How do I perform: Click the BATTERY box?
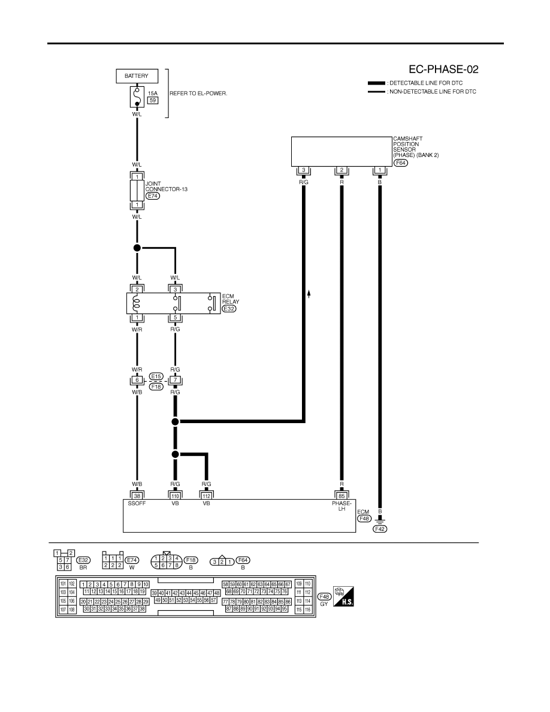137,76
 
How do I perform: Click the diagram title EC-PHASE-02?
443,70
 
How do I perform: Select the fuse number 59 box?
153,100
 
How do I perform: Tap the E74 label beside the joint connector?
152,196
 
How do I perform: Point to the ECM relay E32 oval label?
229,309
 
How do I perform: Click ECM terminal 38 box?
137,496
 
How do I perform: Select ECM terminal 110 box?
175,496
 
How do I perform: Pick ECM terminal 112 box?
207,496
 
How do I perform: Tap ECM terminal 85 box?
342,496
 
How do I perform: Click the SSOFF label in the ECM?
137,503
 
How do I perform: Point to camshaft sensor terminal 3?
304,170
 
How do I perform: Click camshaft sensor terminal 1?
380,170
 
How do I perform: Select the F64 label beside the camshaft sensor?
401,162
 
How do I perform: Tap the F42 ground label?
380,529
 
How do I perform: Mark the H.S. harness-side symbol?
343,596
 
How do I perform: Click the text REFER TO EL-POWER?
198,93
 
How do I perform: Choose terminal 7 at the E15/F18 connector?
175,380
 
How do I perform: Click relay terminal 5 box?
175,318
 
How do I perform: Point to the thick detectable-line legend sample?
377,83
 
